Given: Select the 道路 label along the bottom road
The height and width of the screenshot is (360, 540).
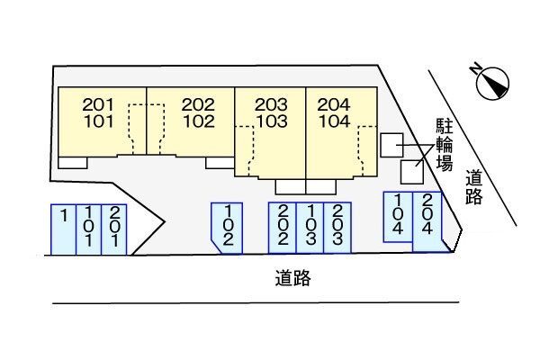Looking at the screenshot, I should [293, 278].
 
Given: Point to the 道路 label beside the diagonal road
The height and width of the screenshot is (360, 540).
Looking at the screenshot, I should [473, 188].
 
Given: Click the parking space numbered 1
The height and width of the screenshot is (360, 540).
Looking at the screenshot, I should [63, 229].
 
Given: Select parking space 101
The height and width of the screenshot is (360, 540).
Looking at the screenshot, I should [87, 229].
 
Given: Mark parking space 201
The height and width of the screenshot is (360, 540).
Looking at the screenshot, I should [112, 229].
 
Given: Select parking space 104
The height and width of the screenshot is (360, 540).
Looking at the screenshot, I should [398, 216].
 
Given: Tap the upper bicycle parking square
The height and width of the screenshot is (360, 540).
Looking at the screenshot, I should [391, 144].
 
